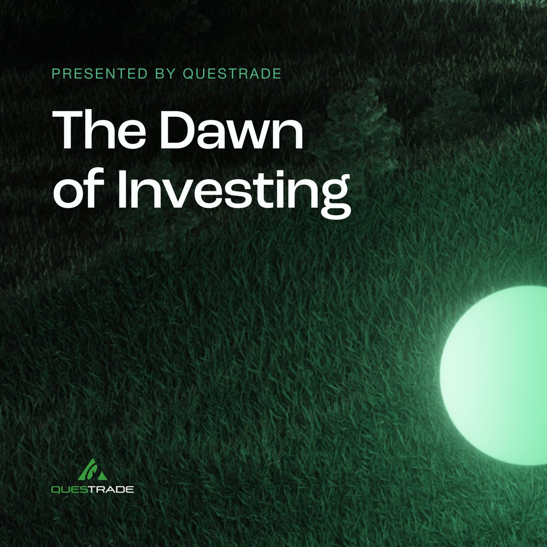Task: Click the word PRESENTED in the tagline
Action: tap(100, 74)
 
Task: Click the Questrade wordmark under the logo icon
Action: tap(92, 490)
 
